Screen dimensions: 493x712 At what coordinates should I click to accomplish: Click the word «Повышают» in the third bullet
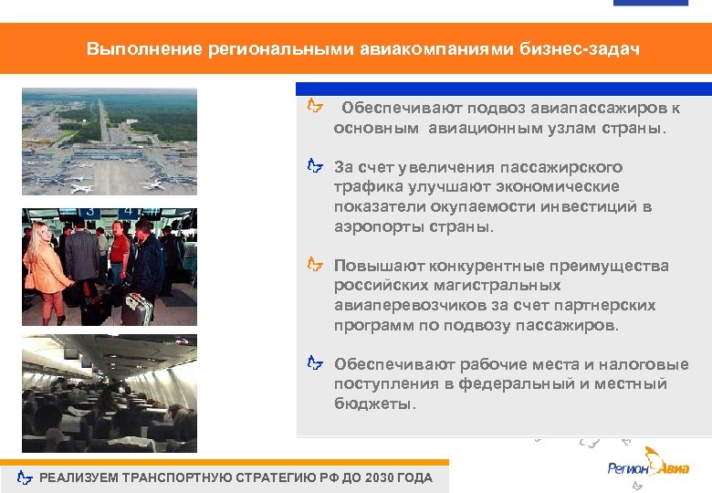[x=372, y=266]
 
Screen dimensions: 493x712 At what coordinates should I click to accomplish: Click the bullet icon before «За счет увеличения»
[x=315, y=167]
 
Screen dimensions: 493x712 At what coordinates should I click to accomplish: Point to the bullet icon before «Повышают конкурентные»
[x=315, y=266]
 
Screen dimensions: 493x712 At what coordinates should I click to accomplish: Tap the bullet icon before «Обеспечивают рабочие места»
[x=315, y=364]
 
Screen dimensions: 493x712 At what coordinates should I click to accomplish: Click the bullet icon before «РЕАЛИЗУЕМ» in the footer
[x=26, y=478]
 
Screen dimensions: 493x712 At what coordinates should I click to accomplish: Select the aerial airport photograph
[x=110, y=142]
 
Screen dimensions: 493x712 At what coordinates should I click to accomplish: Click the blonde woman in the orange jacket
[x=43, y=269]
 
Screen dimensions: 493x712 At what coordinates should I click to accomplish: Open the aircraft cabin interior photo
[x=110, y=393]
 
